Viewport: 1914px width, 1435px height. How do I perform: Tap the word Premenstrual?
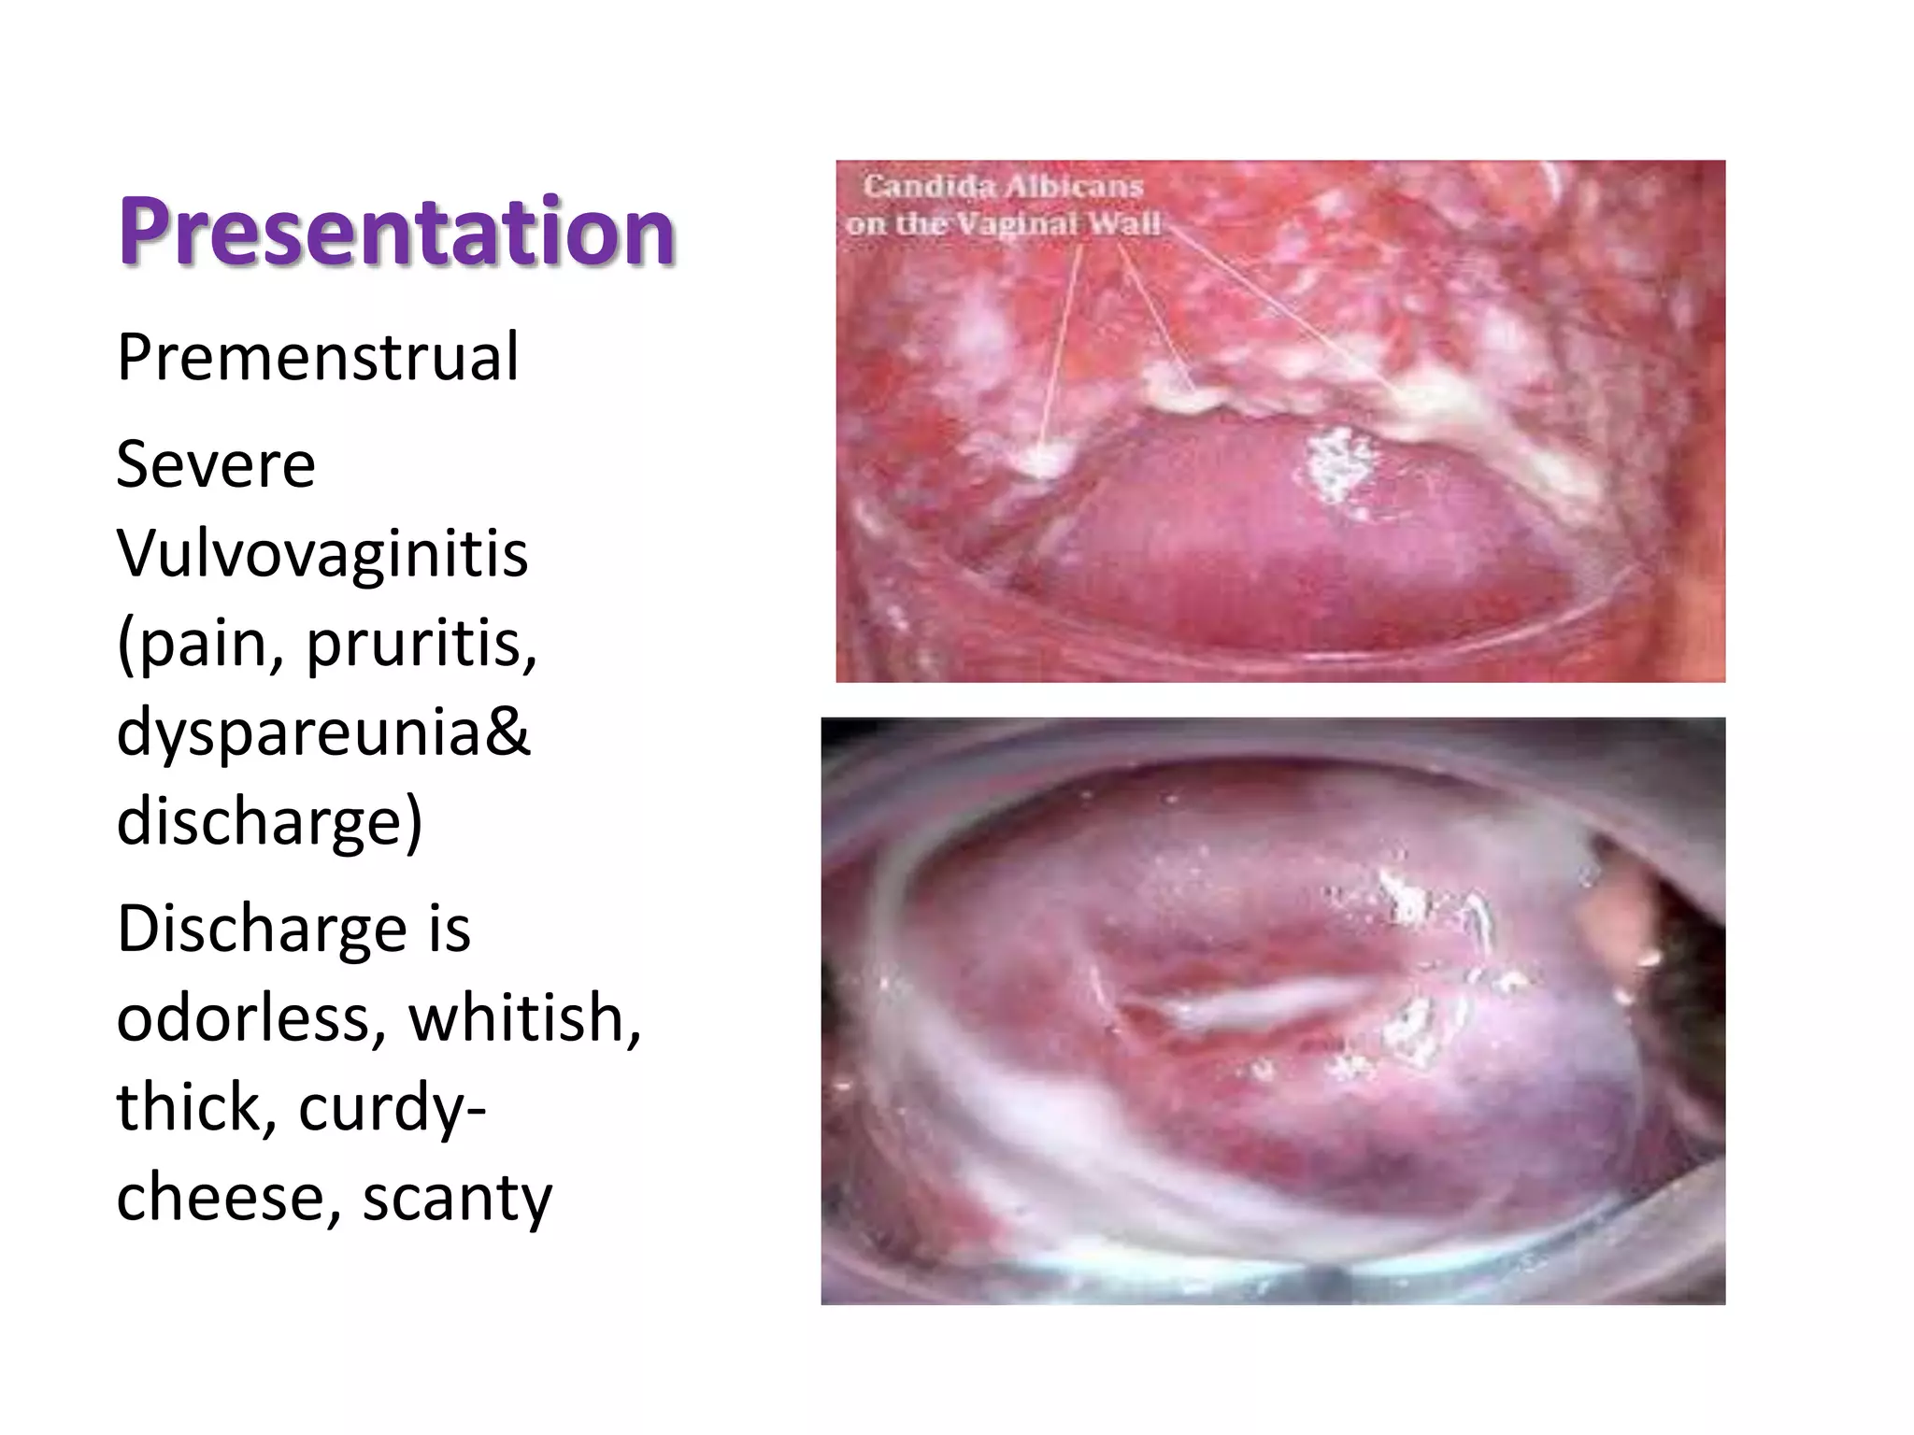click(317, 357)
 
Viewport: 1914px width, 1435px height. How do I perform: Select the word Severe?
click(216, 464)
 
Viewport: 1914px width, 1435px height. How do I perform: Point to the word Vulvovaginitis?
click(322, 553)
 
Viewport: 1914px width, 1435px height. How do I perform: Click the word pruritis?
click(421, 644)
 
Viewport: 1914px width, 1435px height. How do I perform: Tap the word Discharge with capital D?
click(261, 930)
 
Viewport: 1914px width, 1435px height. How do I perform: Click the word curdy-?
click(393, 1108)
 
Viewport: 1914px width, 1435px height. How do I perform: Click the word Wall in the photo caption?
click(1130, 224)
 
